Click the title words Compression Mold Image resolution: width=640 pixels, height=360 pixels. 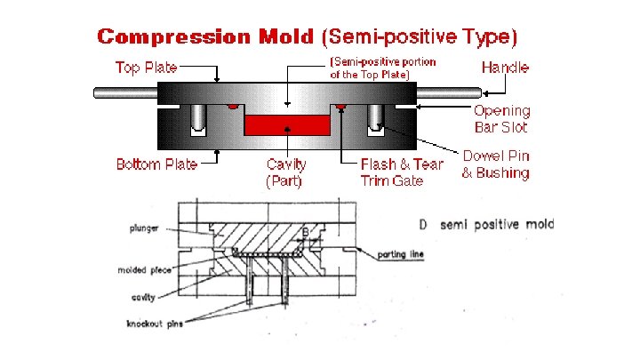[x=205, y=37]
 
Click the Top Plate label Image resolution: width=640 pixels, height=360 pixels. [x=147, y=68]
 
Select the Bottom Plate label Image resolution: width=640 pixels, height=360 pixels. [x=156, y=164]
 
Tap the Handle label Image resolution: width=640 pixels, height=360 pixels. [x=505, y=68]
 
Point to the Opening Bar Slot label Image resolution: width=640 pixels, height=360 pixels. [x=501, y=119]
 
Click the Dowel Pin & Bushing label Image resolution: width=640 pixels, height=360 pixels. [x=495, y=164]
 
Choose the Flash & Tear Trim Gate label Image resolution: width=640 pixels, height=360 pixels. [x=401, y=172]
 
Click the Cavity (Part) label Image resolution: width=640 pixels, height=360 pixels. [x=286, y=172]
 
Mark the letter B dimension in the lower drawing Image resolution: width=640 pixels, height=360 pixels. [x=306, y=234]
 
